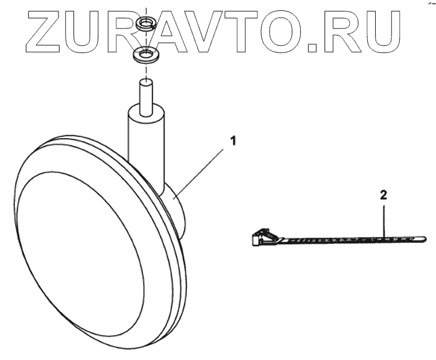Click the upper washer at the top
[145, 25]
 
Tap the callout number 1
[232, 141]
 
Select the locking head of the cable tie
[258, 238]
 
